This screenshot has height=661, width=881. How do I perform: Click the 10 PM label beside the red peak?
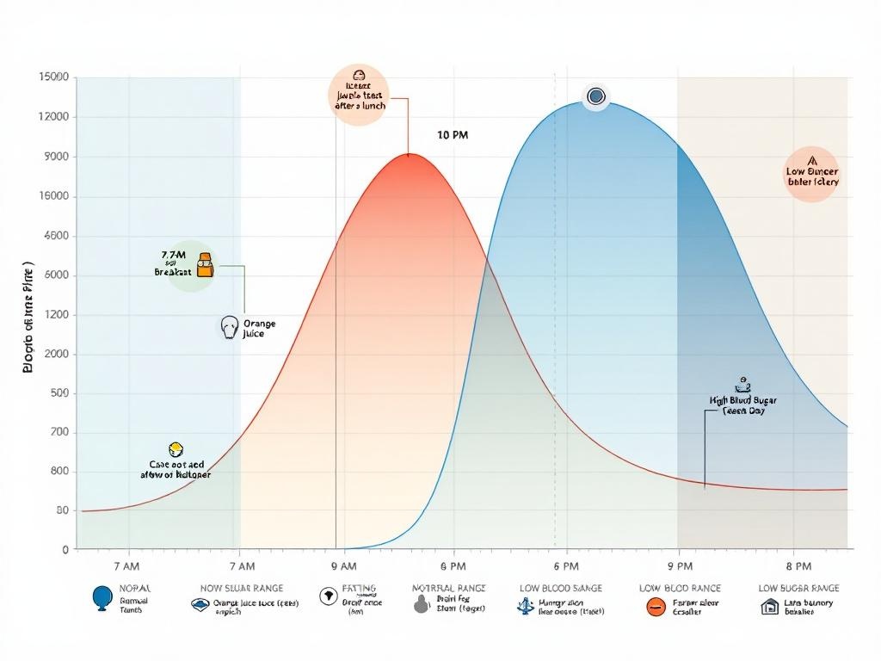coord(453,135)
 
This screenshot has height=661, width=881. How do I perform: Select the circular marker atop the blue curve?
coord(595,96)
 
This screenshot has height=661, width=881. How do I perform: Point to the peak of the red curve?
coord(412,155)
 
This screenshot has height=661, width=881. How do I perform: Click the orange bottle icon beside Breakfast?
coord(205,265)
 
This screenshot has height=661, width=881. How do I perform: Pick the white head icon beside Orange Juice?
coord(229,327)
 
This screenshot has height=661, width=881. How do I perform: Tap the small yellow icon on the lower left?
coord(176,448)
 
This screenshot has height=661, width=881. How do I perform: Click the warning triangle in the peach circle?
coord(811,160)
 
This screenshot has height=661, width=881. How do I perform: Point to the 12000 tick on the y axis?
coord(54,117)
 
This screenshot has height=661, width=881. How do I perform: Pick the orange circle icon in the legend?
coord(656,607)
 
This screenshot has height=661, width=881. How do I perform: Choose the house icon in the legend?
coord(769,607)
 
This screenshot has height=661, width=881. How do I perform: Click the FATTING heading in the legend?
coord(359,588)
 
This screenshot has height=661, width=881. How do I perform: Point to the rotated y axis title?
coord(28,318)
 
